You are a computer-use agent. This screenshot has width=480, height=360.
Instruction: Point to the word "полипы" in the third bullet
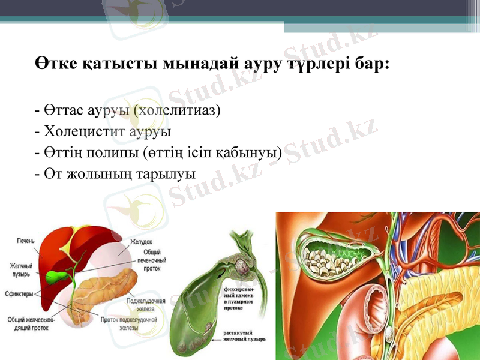[119, 152]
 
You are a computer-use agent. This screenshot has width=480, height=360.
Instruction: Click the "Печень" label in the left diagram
[26, 241]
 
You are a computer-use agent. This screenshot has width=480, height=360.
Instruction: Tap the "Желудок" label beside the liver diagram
[142, 242]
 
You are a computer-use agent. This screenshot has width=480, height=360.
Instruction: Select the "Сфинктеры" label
[19, 294]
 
